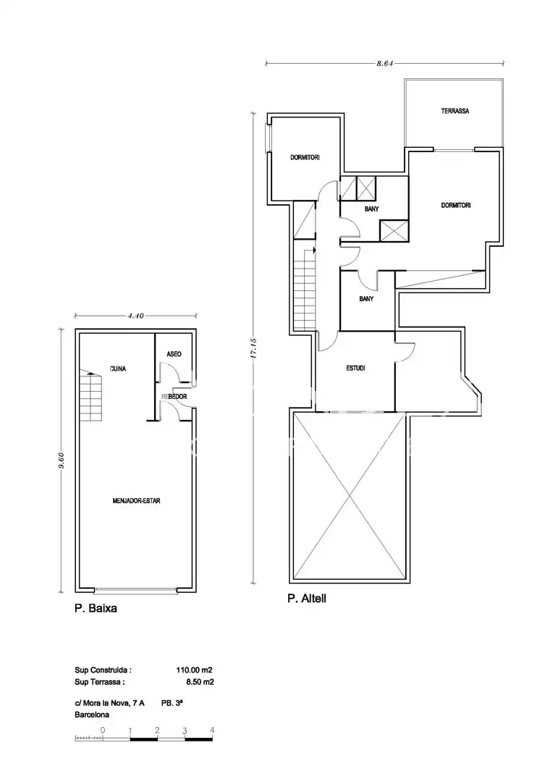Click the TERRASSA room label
[455, 112]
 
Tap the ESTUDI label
[355, 369]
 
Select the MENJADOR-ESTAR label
[136, 501]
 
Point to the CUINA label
[118, 369]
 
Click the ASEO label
[174, 354]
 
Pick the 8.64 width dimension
[385, 63]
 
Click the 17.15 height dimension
[253, 348]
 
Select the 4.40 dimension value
[135, 316]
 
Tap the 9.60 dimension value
[62, 460]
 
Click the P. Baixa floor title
[96, 608]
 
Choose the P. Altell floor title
[307, 598]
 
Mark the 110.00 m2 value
[195, 670]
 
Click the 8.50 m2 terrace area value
[200, 682]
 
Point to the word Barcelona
[92, 715]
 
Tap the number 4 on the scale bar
[212, 730]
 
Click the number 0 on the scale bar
[103, 730]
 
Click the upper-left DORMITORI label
[305, 158]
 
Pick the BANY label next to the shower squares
[371, 209]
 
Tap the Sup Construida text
[104, 670]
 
